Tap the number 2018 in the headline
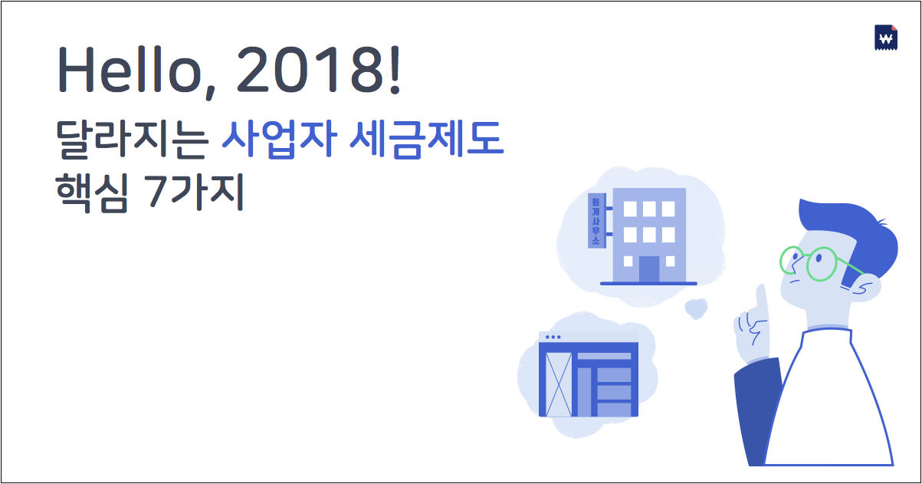pyautogui.click(x=307, y=71)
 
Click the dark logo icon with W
pyautogui.click(x=885, y=38)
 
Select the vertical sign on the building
pyautogui.click(x=595, y=220)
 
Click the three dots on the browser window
pyautogui.click(x=552, y=337)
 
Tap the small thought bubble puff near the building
pyautogui.click(x=695, y=308)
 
